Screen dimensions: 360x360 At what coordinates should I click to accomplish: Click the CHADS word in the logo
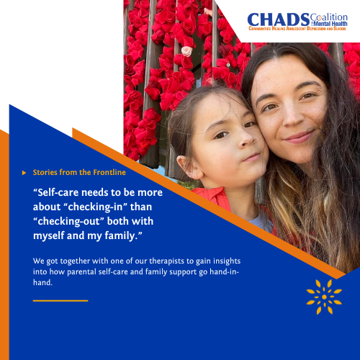pyautogui.click(x=268, y=19)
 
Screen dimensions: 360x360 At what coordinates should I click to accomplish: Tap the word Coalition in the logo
pyautogui.click(x=310, y=16)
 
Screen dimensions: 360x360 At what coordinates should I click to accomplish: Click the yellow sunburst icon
pyautogui.click(x=324, y=297)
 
